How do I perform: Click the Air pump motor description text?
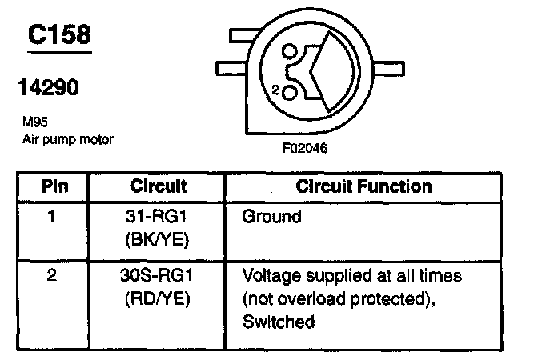click(x=68, y=139)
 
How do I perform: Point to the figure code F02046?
click(x=307, y=148)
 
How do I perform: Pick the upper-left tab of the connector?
click(x=243, y=37)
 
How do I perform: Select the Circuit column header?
click(x=158, y=187)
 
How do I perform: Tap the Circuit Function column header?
click(x=364, y=187)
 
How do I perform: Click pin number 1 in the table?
click(x=54, y=216)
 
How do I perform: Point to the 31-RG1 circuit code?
click(x=158, y=216)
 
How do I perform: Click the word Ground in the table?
click(x=271, y=216)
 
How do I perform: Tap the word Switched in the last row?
click(x=279, y=322)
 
